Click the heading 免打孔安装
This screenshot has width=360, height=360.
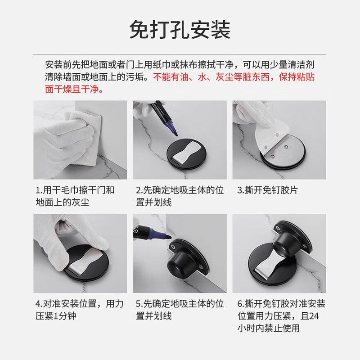click(180, 30)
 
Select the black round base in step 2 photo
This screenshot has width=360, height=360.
click(186, 154)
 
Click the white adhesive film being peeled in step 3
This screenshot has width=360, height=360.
click(271, 135)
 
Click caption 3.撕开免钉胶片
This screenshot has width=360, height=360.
click(267, 190)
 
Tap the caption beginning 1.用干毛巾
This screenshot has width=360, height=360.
click(75, 196)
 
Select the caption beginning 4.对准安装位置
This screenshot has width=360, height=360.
click(80, 310)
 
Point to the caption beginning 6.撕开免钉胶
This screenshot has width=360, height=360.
click(281, 316)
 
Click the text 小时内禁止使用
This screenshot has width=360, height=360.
click(269, 328)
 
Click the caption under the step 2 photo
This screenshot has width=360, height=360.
click(180, 196)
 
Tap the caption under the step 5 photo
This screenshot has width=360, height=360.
click(180, 310)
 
